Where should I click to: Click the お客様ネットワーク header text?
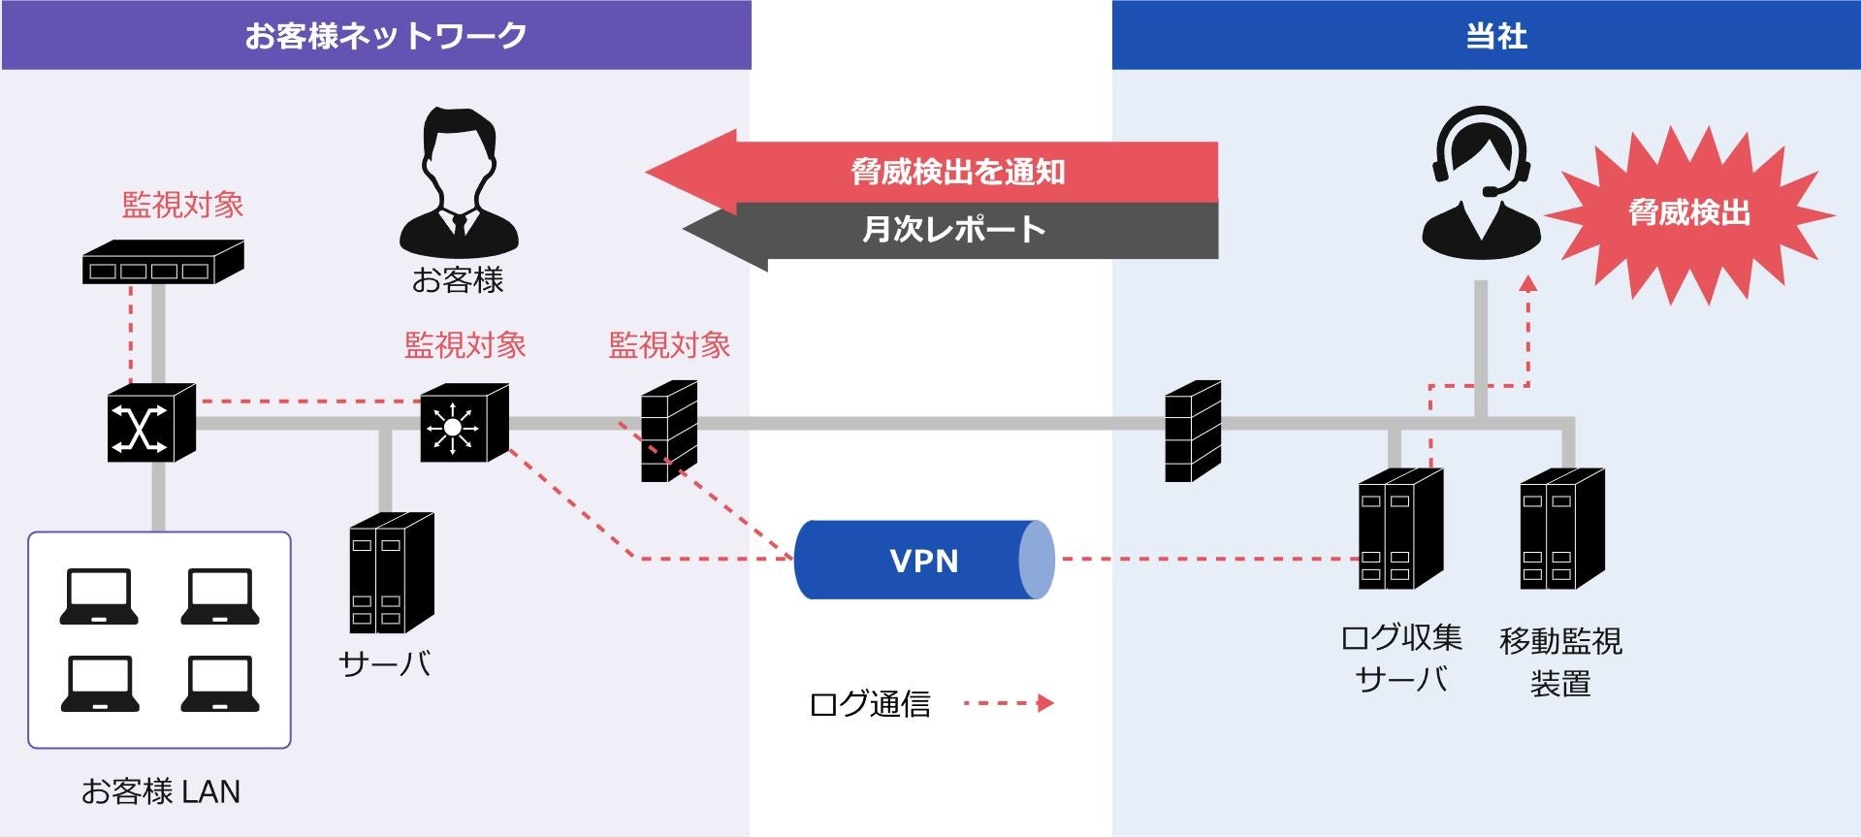pos(385,36)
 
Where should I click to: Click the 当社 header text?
pos(1496,36)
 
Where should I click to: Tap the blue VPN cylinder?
pos(923,560)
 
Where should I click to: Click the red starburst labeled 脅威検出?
pos(1688,213)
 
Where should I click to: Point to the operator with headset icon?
pos(1481,184)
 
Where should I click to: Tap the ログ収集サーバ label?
pos(1401,659)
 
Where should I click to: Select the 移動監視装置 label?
pos(1560,661)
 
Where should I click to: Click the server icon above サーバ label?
pos(391,572)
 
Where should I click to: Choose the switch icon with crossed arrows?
pos(150,423)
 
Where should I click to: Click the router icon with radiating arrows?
pos(464,423)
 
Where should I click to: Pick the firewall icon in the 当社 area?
pos(1192,431)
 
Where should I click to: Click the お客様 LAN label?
pos(160,791)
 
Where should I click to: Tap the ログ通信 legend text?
pos(870,704)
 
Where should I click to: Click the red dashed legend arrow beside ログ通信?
pos(1009,703)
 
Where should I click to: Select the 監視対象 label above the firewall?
pos(669,345)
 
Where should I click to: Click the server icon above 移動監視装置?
pos(1561,529)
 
